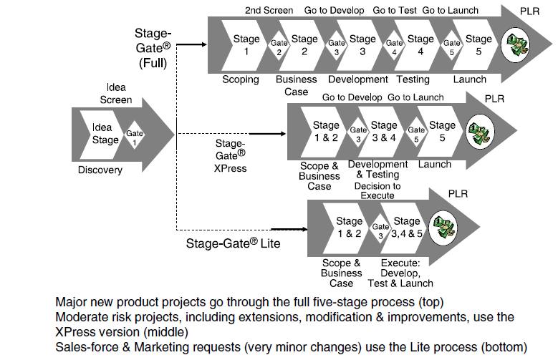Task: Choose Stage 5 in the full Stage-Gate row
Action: (x=478, y=44)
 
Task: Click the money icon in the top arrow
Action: (x=515, y=44)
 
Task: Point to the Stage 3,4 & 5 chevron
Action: (x=406, y=226)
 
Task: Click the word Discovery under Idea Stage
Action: (x=100, y=170)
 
